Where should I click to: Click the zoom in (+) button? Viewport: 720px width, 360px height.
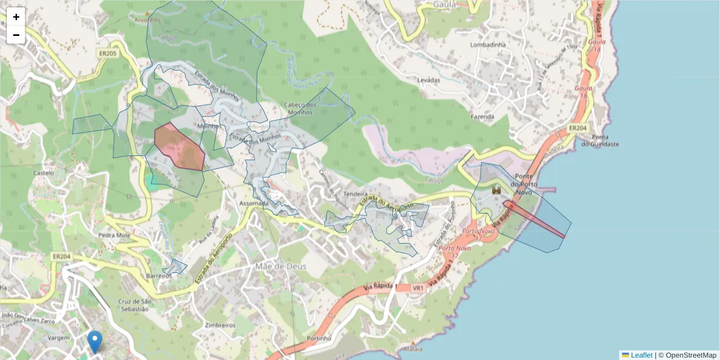point(16,17)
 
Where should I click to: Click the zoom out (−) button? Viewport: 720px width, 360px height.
point(16,35)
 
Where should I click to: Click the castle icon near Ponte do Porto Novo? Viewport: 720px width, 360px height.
point(497,190)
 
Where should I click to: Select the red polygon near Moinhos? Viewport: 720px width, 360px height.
point(179,148)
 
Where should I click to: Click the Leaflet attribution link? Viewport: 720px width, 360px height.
point(641,355)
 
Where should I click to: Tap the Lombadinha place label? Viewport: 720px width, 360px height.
point(488,45)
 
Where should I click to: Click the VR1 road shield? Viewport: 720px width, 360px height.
point(418,288)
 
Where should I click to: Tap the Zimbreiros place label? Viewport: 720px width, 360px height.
point(220,325)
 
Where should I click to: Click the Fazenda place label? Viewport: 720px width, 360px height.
point(482,116)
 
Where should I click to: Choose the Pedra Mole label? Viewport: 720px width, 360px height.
point(115,235)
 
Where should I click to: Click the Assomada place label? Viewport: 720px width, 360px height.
point(254,203)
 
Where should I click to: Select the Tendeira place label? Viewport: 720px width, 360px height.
point(355,194)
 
